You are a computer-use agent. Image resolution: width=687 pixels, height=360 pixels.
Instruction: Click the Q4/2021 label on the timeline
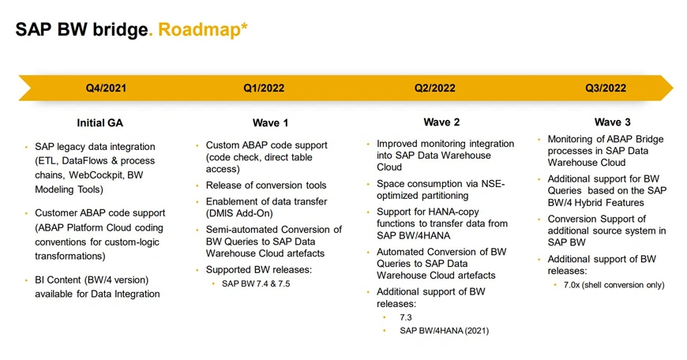coord(106,88)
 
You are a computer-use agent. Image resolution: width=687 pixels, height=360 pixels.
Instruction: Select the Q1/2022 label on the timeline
coord(264,88)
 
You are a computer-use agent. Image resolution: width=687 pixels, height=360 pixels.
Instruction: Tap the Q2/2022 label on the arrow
coord(435,88)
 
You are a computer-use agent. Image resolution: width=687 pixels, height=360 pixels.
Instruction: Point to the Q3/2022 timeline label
coord(606,88)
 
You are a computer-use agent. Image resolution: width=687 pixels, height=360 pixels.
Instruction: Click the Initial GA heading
coord(99,123)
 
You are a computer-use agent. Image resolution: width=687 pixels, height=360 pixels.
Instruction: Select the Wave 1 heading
coord(265,123)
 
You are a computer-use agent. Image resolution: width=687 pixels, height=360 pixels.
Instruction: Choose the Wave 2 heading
coord(441,122)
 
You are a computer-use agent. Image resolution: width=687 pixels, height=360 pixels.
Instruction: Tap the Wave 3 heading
coord(613,122)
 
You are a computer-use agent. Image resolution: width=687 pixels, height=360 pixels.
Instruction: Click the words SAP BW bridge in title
coord(81,30)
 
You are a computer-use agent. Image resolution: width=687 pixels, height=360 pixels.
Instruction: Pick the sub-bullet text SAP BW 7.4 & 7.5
coord(256,283)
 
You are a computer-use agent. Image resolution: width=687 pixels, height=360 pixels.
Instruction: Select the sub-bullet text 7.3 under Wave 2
coord(406,317)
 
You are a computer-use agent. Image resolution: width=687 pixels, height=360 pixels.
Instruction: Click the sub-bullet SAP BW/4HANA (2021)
coord(444,330)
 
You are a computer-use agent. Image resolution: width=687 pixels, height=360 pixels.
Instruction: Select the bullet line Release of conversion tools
coord(266,186)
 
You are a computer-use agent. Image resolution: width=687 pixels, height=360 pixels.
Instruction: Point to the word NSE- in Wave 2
coord(493,184)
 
